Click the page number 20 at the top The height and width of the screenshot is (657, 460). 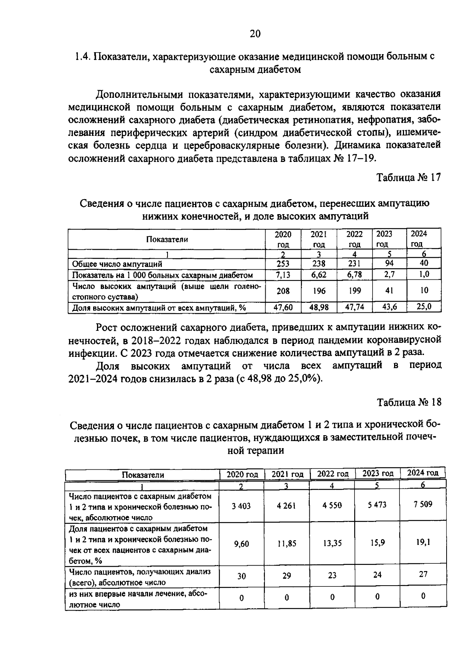[x=255, y=34]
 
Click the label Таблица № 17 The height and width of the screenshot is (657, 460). [x=409, y=177]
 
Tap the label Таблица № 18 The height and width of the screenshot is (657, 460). [x=409, y=402]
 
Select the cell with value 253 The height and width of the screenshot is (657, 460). [x=283, y=264]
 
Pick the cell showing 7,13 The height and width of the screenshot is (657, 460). [x=283, y=275]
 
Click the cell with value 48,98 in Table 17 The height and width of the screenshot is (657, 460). [x=318, y=307]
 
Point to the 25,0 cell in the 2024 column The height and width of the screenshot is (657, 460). [x=424, y=306]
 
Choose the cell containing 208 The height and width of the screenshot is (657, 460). [x=283, y=291]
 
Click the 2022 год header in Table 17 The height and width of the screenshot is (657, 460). [x=354, y=239]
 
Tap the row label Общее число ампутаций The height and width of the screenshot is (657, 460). [x=117, y=264]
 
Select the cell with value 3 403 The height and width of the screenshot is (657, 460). [x=241, y=506]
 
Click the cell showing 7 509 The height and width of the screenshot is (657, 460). [x=422, y=504]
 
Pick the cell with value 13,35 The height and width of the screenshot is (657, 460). [x=332, y=543]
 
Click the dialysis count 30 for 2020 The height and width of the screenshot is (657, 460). [x=241, y=576]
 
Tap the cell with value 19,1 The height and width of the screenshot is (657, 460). [x=422, y=542]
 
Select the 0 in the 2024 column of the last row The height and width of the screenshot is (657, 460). [x=423, y=596]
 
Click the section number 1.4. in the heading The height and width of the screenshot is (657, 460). [x=82, y=57]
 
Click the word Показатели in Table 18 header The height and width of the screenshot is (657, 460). [x=143, y=475]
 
